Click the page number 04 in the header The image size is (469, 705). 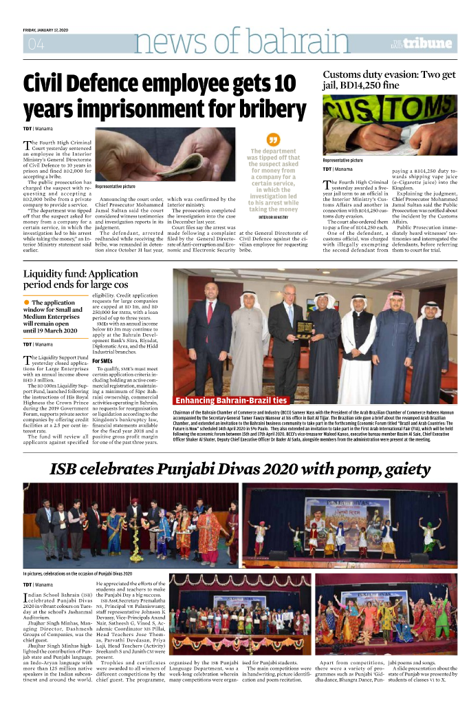[35, 45]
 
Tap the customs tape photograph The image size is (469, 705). [389, 123]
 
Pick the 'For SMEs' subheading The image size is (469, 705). [102, 360]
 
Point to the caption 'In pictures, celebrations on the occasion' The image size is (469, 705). [77, 573]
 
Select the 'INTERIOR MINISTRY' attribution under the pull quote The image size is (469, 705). [273, 216]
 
